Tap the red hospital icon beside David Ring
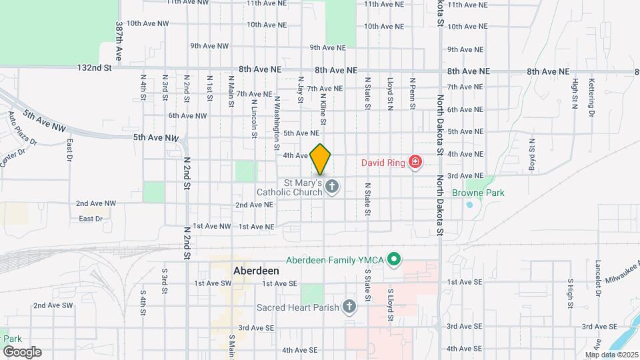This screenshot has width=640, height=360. pos(415,162)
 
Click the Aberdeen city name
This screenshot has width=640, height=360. pos(256,272)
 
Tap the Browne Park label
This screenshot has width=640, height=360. pos(476,193)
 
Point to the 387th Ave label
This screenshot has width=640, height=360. pos(119,41)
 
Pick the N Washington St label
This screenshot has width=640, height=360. pos(277,117)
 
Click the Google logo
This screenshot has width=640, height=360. pos(22,351)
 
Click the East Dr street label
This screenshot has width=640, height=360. pos(91,219)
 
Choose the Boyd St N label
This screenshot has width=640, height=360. pos(532,155)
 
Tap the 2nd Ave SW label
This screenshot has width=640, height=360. pos(53,305)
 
